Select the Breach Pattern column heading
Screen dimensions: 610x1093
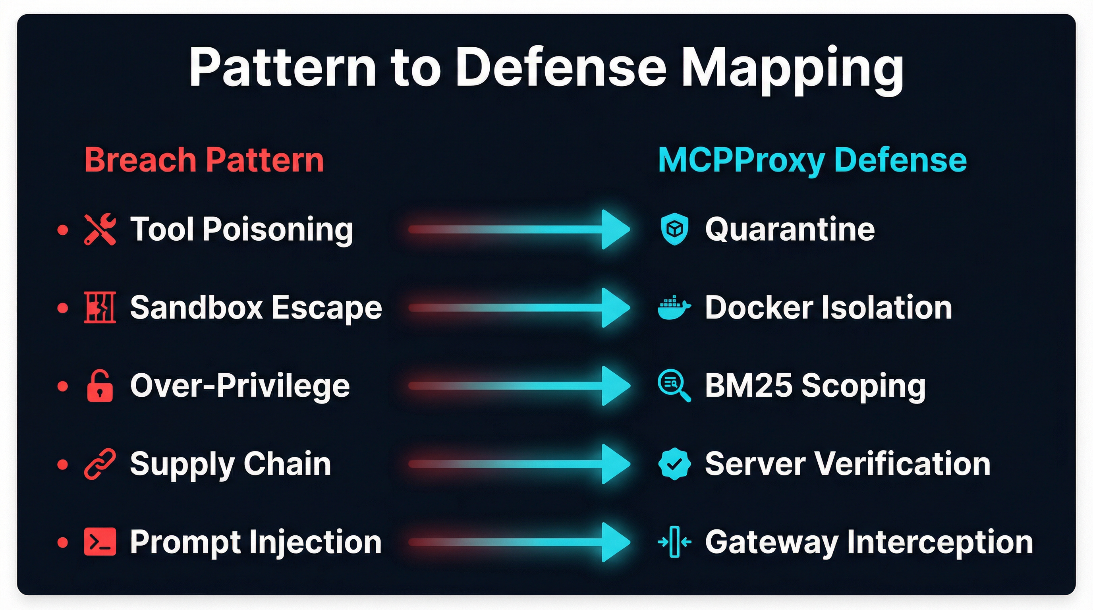tap(204, 160)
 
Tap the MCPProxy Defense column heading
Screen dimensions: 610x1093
tap(812, 160)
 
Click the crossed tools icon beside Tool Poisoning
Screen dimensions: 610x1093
tap(100, 230)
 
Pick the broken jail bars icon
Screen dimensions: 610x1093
tap(100, 307)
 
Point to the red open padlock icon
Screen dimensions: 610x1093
tap(100, 386)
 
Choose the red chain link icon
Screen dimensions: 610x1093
tap(100, 464)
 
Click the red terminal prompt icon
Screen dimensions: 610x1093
tap(100, 542)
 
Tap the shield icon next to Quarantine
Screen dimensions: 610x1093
tap(674, 230)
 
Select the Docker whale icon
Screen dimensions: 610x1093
tap(674, 307)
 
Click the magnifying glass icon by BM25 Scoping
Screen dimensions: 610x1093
tap(674, 386)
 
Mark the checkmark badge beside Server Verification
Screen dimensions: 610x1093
tap(674, 464)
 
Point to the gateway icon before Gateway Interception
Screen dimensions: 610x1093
tap(674, 542)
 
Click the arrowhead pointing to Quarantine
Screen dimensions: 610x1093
tap(615, 230)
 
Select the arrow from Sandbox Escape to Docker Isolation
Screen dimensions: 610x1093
tap(518, 307)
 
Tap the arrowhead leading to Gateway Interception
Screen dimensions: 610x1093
tap(615, 542)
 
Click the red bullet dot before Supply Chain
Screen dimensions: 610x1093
tap(63, 464)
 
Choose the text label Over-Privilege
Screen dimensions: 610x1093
tap(240, 386)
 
